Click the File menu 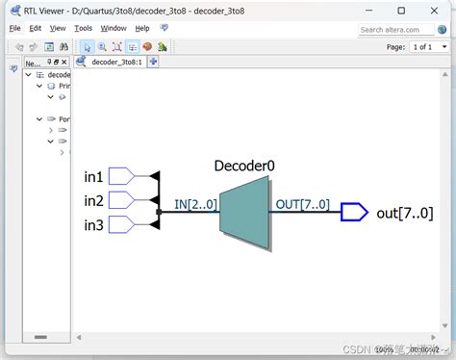(x=15, y=29)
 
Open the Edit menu (x=36, y=29)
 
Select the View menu (x=58, y=29)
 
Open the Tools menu (x=84, y=29)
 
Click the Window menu (x=114, y=29)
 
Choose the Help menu (x=142, y=29)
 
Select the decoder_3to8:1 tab (x=115, y=62)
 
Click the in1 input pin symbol (x=121, y=176)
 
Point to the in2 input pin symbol (x=121, y=200)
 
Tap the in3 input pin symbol (x=121, y=224)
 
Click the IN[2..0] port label (x=196, y=204)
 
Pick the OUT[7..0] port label (x=302, y=204)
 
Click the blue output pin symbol (x=354, y=212)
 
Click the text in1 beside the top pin (x=94, y=177)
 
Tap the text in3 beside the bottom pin (x=94, y=225)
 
